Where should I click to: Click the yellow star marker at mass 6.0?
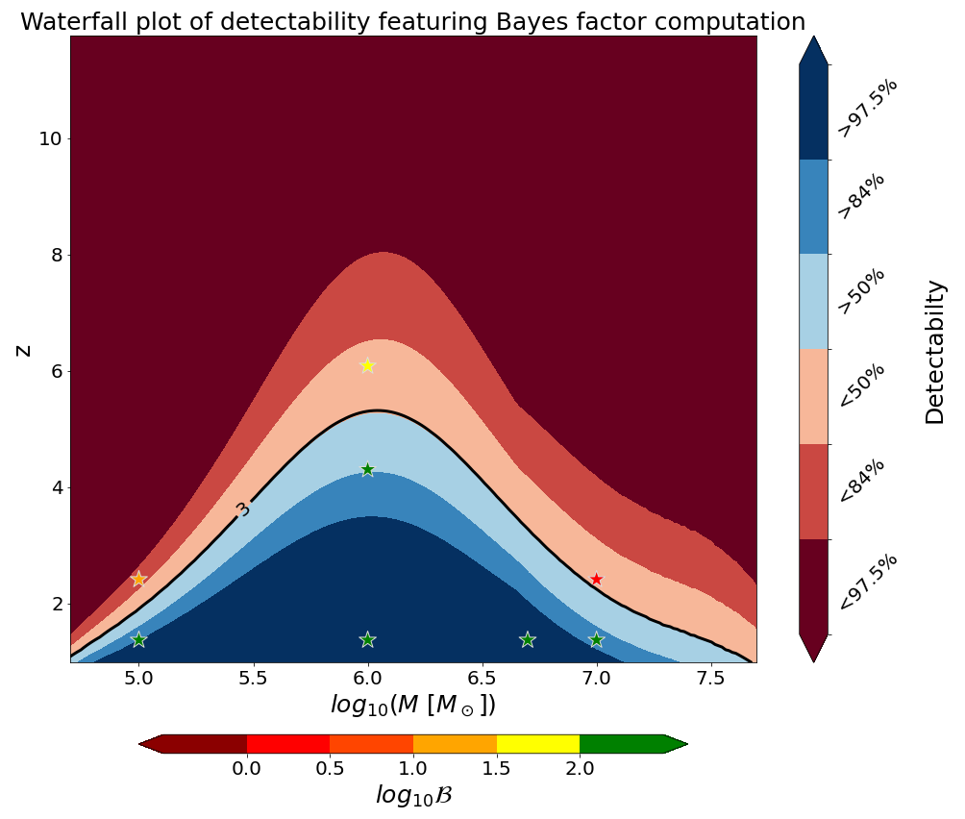[x=367, y=365]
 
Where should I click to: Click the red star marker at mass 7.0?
[x=596, y=579]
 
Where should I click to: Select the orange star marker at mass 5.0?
[x=138, y=579]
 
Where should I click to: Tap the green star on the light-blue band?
[x=367, y=469]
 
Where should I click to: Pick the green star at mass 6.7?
[x=527, y=639]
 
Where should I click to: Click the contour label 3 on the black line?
[x=243, y=509]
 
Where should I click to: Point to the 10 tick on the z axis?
[x=50, y=138]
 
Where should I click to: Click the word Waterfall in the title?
[x=75, y=21]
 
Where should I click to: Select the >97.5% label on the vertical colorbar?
[x=868, y=108]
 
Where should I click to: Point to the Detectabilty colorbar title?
[x=934, y=351]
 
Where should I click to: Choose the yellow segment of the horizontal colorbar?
[x=537, y=743]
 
